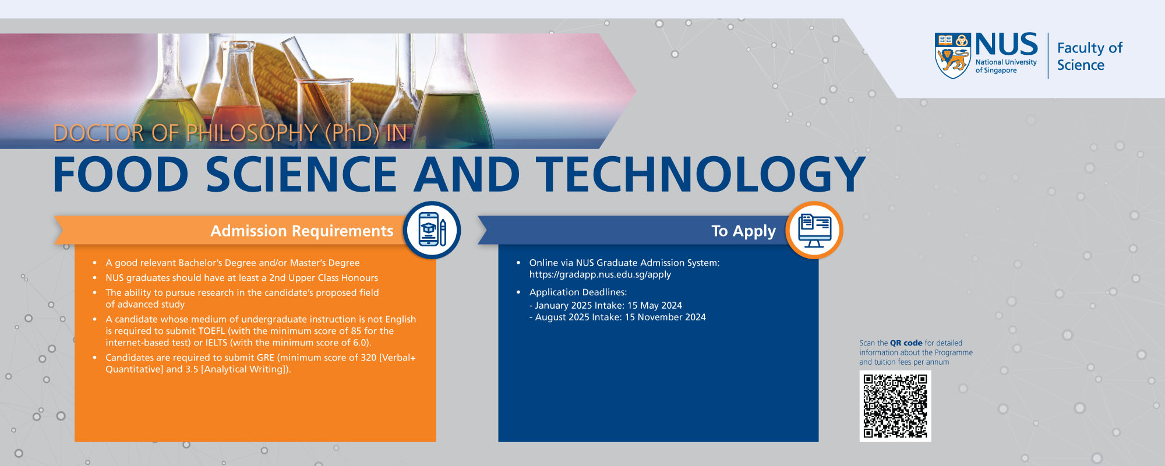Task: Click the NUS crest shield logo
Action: tap(952, 56)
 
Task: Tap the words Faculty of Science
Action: tap(1089, 57)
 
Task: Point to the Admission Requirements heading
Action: tap(301, 231)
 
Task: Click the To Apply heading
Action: tap(743, 231)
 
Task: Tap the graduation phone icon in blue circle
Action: tap(432, 230)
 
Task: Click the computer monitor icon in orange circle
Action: tap(814, 230)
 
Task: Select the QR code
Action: tap(895, 406)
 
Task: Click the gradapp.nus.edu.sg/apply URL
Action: tap(599, 275)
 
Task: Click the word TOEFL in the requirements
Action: tap(211, 331)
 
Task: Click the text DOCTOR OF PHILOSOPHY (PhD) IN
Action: tap(230, 133)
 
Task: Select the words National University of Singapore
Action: tap(1005, 66)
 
